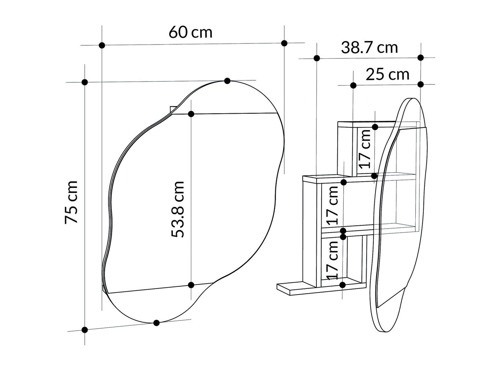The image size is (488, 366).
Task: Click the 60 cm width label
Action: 190,33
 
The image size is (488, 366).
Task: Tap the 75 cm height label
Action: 71,202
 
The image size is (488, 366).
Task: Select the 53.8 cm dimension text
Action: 178,210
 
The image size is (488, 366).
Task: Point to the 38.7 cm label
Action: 369,48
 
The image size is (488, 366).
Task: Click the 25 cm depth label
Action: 387,74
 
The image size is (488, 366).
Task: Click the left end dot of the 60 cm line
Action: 102,45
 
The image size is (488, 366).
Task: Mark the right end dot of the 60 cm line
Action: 284,43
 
